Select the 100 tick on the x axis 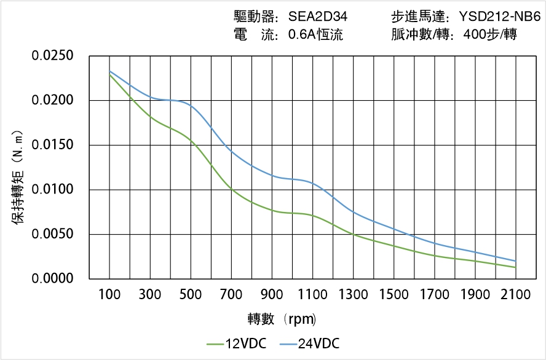tap(110, 295)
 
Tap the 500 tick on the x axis tap(191, 295)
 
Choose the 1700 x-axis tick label tap(435, 295)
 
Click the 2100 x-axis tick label tap(516, 295)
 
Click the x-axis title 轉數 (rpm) tap(282, 319)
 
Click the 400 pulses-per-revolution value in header tap(477, 34)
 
